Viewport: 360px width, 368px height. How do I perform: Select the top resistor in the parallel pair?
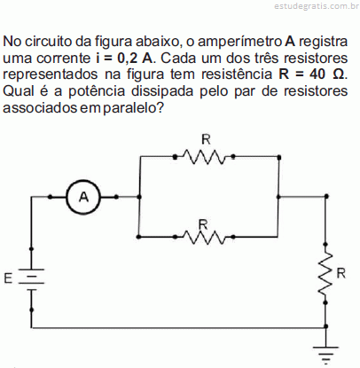204,157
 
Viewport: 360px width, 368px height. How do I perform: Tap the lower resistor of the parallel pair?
204,237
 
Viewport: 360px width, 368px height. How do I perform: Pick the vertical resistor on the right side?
325,274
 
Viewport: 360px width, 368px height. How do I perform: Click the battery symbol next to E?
31,278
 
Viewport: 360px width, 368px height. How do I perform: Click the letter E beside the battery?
8,278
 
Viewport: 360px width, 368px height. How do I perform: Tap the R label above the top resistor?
206,139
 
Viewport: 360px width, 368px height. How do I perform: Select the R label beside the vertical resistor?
340,274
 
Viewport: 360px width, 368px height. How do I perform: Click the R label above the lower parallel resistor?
203,224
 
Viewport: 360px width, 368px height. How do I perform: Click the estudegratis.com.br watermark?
317,6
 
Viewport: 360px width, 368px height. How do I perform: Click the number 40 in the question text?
317,74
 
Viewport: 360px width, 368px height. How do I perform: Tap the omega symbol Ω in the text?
338,74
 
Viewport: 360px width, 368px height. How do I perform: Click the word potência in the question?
97,91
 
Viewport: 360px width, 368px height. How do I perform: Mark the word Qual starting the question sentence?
19,91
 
